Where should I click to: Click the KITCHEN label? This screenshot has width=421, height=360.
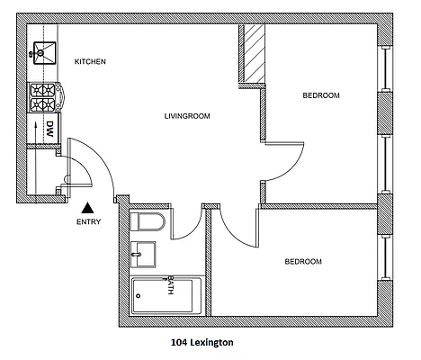(90, 61)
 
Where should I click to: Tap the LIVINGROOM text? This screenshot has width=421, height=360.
(187, 116)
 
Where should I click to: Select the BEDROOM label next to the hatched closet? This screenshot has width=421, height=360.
(321, 94)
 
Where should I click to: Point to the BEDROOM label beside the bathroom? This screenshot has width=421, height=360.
(303, 262)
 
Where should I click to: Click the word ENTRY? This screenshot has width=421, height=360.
(89, 222)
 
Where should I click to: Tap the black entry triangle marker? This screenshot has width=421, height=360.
(88, 207)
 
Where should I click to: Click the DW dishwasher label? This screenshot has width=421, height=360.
(51, 128)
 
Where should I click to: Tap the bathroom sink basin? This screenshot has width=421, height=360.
(142, 255)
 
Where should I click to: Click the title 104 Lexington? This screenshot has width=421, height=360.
(202, 342)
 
